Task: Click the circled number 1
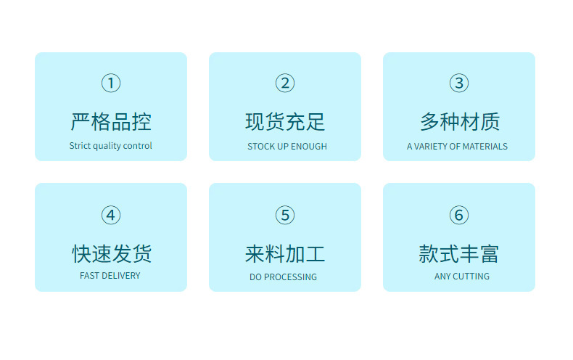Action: pos(111,83)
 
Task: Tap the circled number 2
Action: pos(285,83)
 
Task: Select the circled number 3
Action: pos(459,83)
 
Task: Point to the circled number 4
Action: pos(111,215)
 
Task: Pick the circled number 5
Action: pos(285,215)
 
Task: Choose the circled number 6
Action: pos(459,215)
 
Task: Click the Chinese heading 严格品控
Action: pos(111,121)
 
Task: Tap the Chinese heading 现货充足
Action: pos(285,121)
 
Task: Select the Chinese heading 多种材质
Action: pos(459,121)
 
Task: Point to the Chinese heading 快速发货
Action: pos(111,253)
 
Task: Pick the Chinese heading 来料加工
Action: pos(285,253)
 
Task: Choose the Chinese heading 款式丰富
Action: pos(459,253)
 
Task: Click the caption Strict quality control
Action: pos(111,146)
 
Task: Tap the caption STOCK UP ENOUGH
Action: pos(287,147)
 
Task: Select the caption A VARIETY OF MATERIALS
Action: pos(457,147)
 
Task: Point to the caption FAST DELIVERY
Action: pos(110,276)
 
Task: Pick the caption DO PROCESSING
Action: pos(283,277)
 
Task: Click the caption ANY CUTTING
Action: pos(462,277)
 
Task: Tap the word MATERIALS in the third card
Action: pos(485,147)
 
